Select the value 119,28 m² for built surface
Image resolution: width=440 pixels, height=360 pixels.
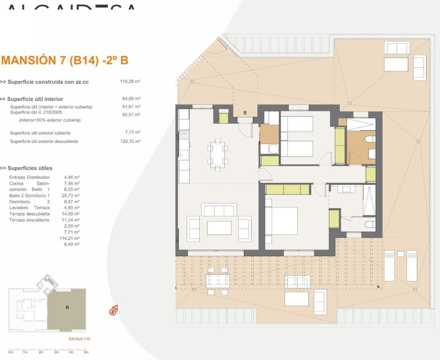pyautogui.click(x=130, y=82)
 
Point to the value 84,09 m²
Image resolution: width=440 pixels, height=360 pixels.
pyautogui.click(x=131, y=99)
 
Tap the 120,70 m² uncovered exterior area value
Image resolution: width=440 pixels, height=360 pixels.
pyautogui.click(x=130, y=141)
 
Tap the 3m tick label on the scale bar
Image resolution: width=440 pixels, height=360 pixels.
pyautogui.click(x=56, y=352)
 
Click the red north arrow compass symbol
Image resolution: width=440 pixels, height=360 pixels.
pyautogui.click(x=114, y=309)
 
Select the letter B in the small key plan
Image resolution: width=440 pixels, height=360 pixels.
pyautogui.click(x=67, y=307)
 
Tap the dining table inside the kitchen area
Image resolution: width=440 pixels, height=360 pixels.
pyautogui.click(x=217, y=155)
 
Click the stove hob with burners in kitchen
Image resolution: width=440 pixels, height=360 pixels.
pyautogui.click(x=183, y=135)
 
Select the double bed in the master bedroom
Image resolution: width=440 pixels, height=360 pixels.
pyautogui.click(x=282, y=221)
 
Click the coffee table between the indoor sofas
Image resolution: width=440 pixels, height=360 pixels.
pyautogui.click(x=219, y=228)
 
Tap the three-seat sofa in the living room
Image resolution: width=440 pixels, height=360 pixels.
pyautogui.click(x=219, y=210)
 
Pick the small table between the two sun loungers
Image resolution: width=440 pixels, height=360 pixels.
pyautogui.click(x=401, y=254)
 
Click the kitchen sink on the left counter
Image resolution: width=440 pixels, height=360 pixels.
pyautogui.click(x=183, y=154)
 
